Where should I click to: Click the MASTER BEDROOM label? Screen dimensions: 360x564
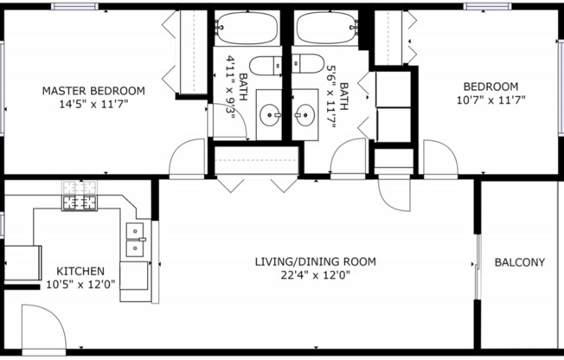tap(94, 90)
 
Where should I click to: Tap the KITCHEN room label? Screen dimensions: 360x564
tap(80, 271)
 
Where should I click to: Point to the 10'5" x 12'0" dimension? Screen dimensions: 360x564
tap(80, 284)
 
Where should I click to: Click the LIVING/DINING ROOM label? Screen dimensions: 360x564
tap(315, 261)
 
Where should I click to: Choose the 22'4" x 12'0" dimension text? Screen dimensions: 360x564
tap(315, 275)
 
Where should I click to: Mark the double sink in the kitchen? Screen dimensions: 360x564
tap(135, 240)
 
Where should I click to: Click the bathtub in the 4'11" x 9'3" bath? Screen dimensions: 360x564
tap(246, 29)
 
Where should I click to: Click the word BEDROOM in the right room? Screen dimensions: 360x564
tap(490, 87)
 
